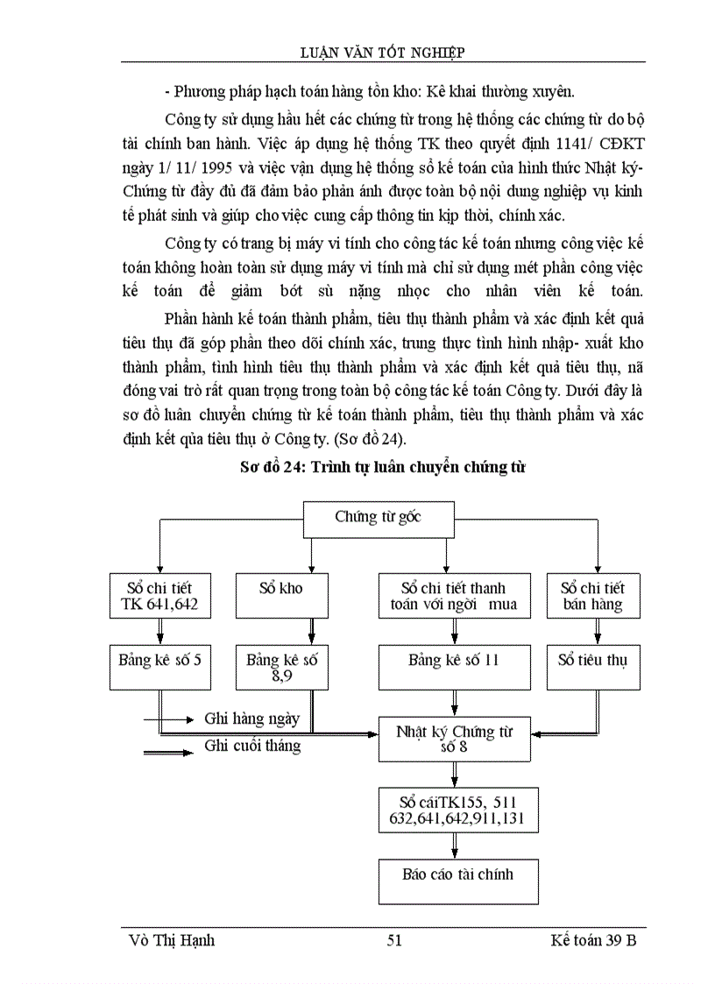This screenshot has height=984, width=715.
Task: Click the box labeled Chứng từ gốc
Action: pyautogui.click(x=378, y=518)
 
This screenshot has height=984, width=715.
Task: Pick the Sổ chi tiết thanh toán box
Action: pyautogui.click(x=454, y=596)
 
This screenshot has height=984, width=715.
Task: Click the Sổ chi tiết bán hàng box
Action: pyautogui.click(x=592, y=596)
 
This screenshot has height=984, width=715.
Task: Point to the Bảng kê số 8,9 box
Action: pyautogui.click(x=281, y=667)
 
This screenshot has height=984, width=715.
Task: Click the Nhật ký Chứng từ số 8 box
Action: pyautogui.click(x=454, y=738)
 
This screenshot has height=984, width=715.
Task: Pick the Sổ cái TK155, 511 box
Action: pyautogui.click(x=458, y=809)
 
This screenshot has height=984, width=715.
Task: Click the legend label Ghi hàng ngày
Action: pyautogui.click(x=252, y=719)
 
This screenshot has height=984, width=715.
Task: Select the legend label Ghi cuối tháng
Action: pyautogui.click(x=252, y=747)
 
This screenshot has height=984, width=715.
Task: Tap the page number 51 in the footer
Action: pyautogui.click(x=393, y=940)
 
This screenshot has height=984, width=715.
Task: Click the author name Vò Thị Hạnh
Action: pyautogui.click(x=172, y=940)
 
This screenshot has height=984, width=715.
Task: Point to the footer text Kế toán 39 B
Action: pyautogui.click(x=593, y=940)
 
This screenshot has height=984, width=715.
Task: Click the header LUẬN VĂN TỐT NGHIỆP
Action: pyautogui.click(x=382, y=53)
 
